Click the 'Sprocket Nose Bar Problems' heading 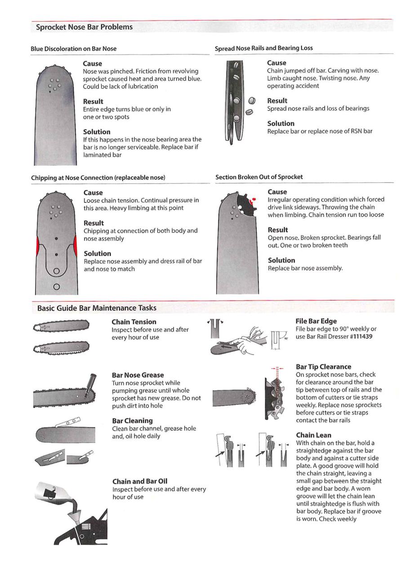pos(84,27)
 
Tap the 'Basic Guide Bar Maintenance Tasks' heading pos(97,308)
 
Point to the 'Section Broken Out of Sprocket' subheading pos(259,177)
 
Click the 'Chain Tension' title pos(134,322)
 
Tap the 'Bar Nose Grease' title pos(138,375)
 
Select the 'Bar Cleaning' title pos(132,421)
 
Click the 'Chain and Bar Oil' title pos(140,482)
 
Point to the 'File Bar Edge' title pos(316,321)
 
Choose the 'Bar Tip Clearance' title pos(323,367)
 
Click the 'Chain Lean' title pos(313,435)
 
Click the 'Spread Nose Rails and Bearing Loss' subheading pos(263,48)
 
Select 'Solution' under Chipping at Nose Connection pos(97,254)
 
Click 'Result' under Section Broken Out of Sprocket pos(277,230)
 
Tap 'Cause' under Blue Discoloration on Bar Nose pos(93,64)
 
